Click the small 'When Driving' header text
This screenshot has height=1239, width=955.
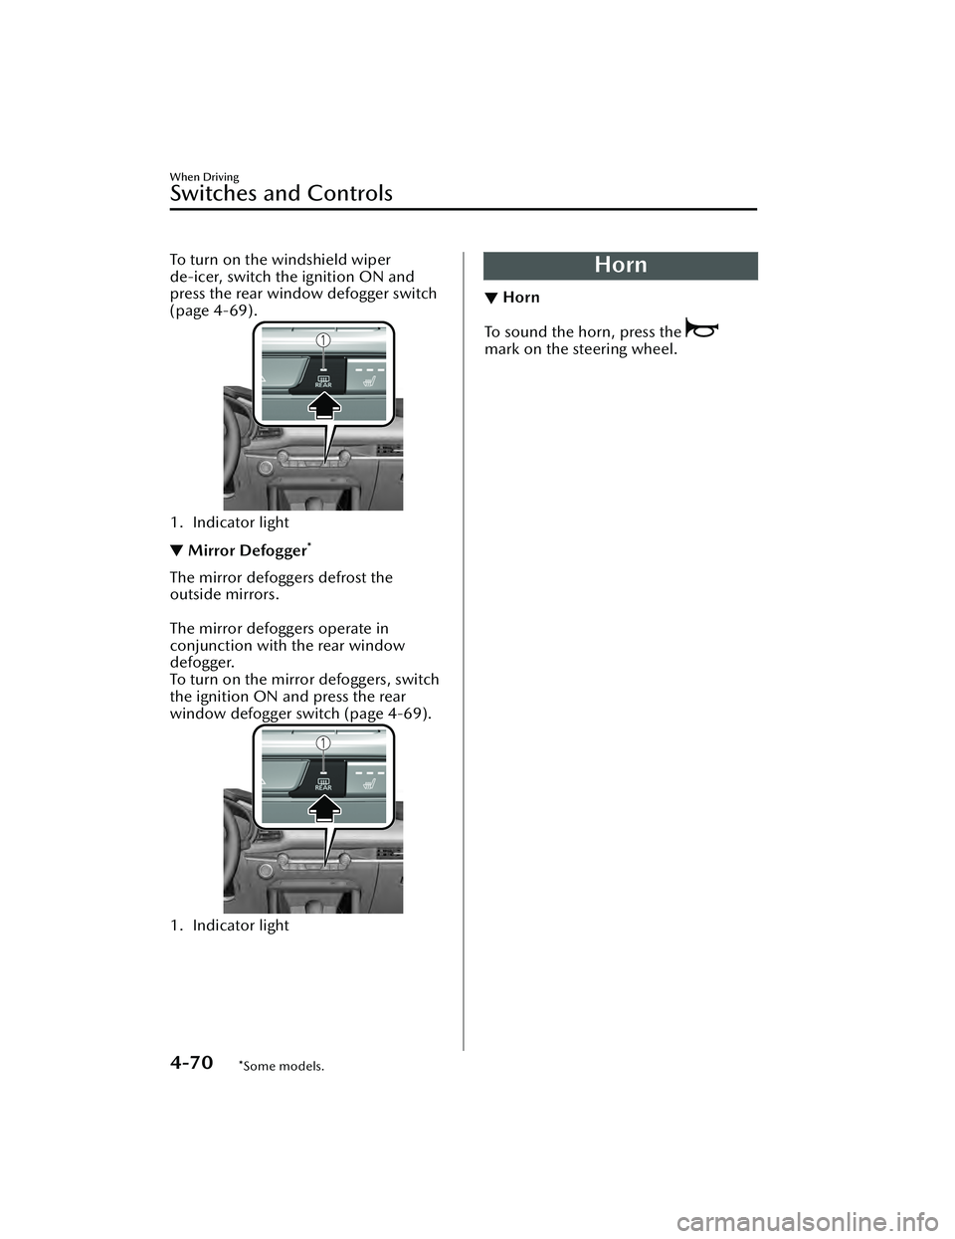[x=204, y=177]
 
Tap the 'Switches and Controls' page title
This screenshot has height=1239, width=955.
[x=281, y=193]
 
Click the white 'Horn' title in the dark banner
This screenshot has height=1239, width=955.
[x=620, y=265]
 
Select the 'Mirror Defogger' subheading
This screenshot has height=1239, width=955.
[x=246, y=551]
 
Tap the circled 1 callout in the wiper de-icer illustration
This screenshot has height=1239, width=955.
[x=323, y=340]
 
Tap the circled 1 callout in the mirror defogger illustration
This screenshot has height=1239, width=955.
[x=323, y=742]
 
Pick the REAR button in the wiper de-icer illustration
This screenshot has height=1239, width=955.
[x=323, y=381]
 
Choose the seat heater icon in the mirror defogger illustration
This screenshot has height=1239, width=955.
[x=366, y=782]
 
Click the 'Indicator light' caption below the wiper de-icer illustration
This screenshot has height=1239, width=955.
[x=240, y=522]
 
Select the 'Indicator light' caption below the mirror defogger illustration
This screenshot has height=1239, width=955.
[x=240, y=926]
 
